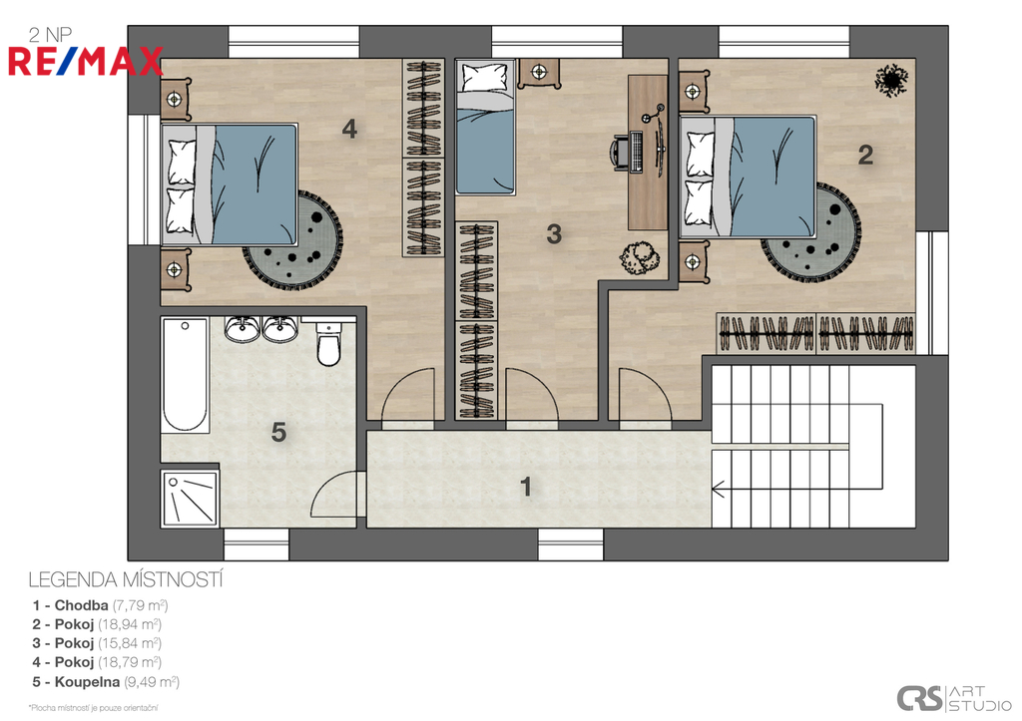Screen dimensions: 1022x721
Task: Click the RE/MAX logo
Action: (86, 61)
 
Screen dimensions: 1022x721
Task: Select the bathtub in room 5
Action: (185, 375)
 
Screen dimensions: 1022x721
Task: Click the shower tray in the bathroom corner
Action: (189, 499)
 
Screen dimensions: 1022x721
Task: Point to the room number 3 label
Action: (554, 233)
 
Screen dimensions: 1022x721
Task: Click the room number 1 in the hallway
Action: (526, 487)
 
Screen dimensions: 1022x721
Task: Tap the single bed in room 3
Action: (485, 127)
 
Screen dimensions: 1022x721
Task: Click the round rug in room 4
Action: (293, 238)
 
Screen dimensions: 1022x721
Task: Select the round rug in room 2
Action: (810, 233)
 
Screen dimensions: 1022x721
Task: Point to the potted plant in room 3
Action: (639, 258)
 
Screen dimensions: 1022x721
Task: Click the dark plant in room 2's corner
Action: (890, 80)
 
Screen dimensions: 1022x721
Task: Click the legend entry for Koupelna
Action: (106, 682)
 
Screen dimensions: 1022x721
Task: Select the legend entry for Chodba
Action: (101, 605)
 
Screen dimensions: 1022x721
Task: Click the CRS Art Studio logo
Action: (953, 698)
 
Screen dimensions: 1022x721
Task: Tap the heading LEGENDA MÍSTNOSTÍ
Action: (126, 579)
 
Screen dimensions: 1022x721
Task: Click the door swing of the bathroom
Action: (333, 495)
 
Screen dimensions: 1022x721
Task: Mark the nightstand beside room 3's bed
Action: (538, 73)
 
